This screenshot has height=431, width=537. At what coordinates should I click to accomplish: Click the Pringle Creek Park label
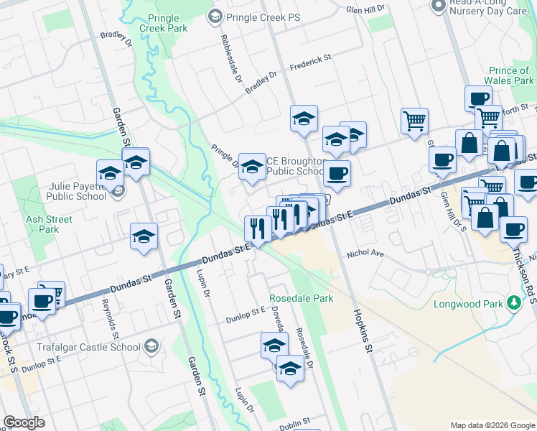tap(167, 23)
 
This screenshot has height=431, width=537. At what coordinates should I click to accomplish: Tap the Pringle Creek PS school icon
tap(215, 16)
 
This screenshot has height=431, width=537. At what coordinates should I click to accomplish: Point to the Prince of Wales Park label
tap(508, 75)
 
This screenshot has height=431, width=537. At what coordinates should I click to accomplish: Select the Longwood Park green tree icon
tap(513, 303)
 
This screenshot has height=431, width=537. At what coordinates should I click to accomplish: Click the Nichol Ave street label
tap(366, 254)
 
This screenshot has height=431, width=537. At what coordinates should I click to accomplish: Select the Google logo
tap(24, 422)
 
